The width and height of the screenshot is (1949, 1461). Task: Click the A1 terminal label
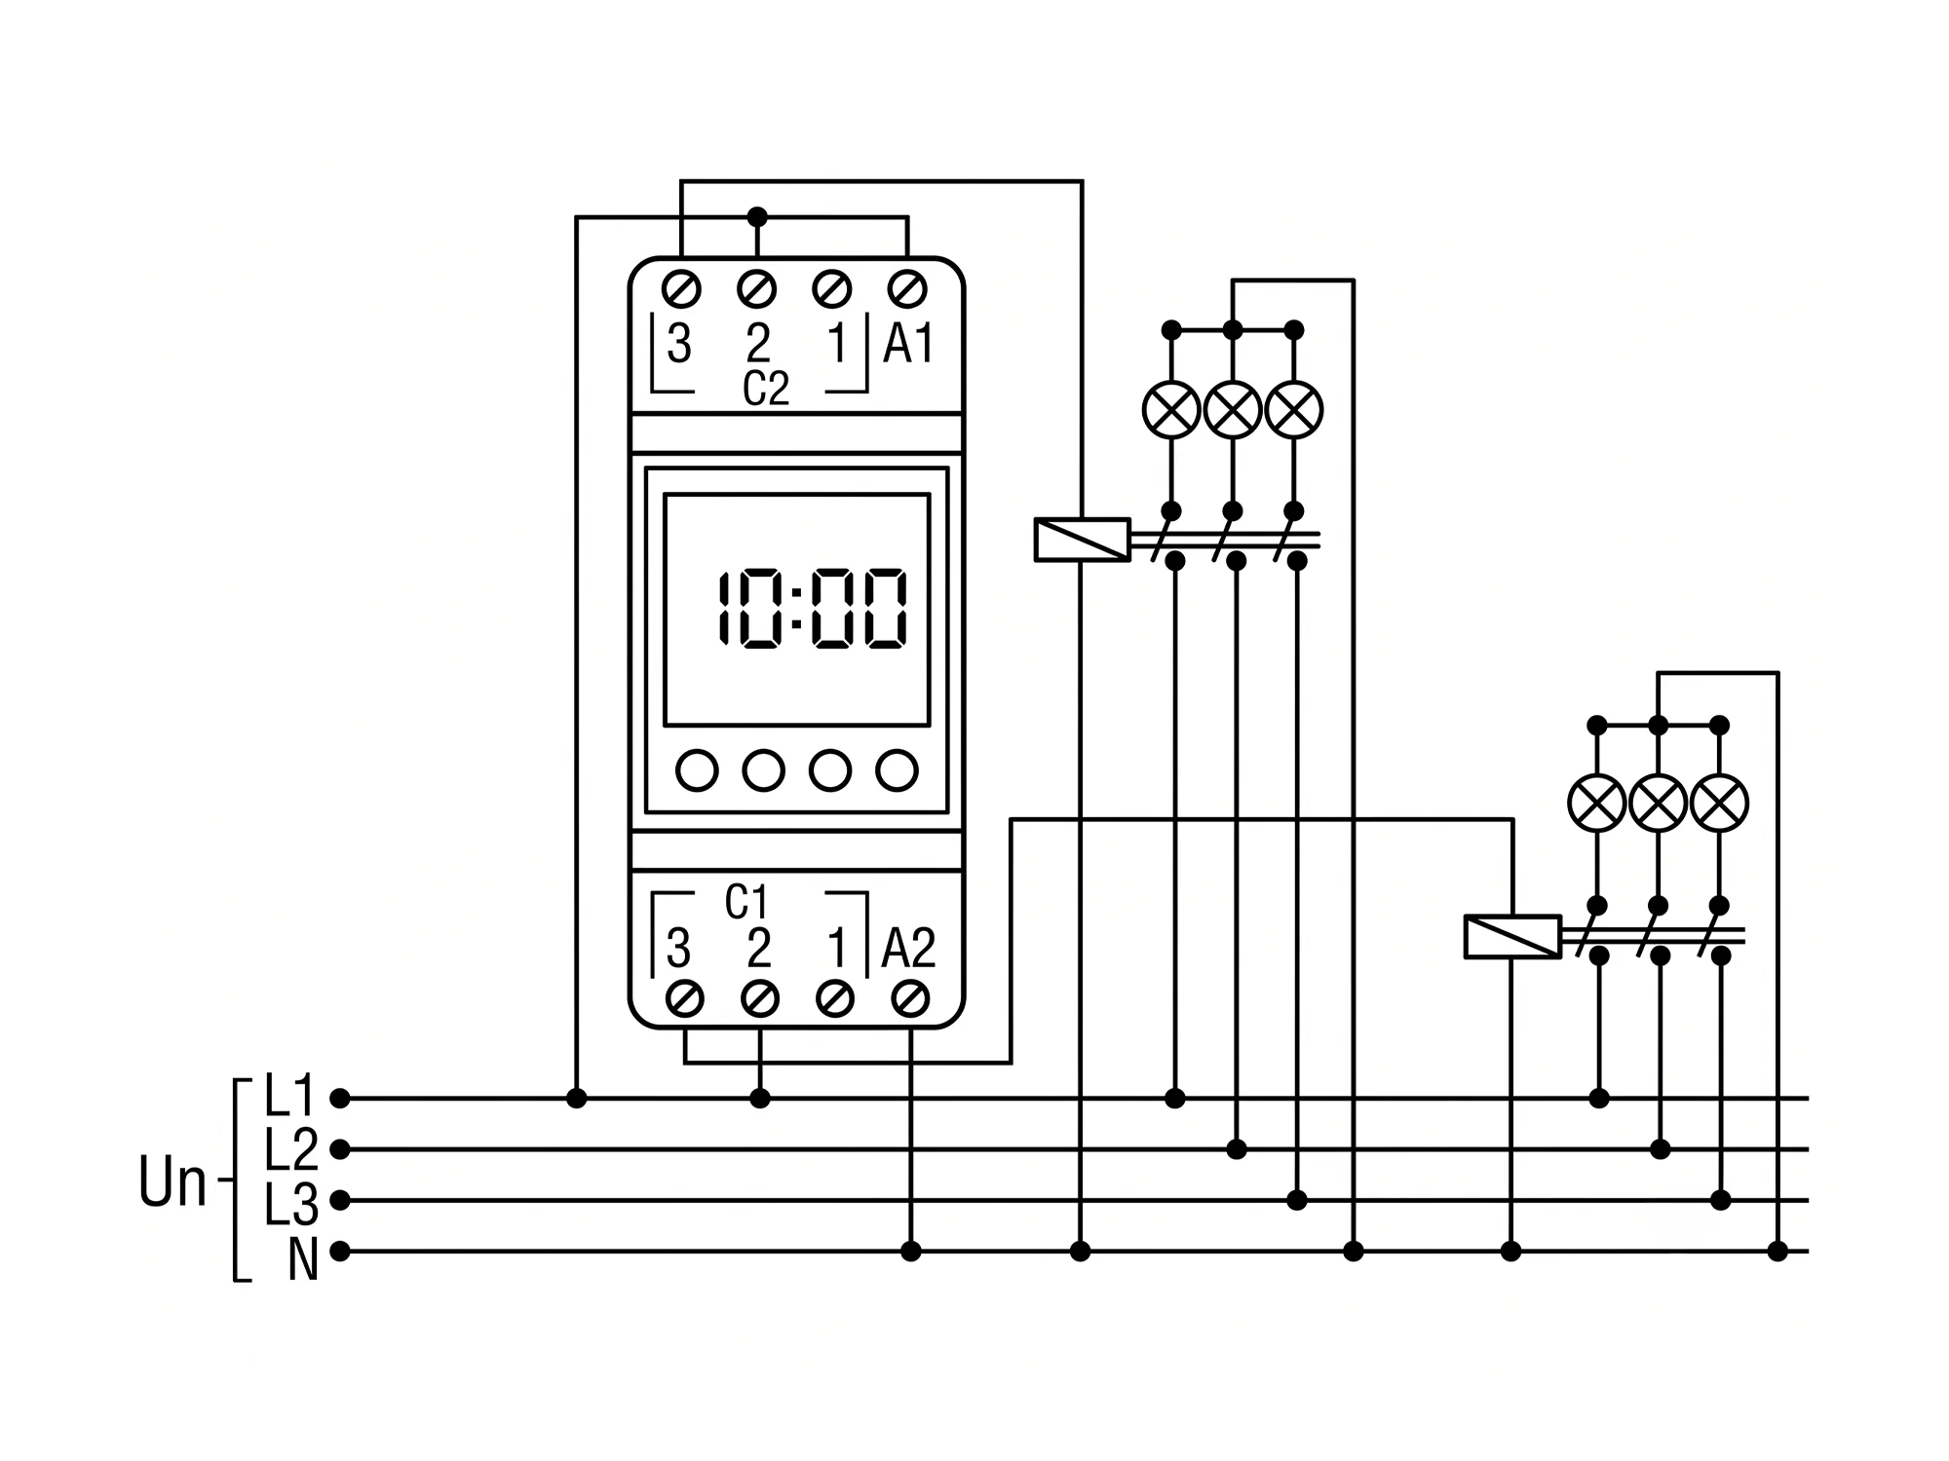click(908, 344)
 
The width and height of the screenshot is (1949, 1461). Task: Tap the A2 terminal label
click(908, 949)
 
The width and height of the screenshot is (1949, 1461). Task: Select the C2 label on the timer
click(765, 389)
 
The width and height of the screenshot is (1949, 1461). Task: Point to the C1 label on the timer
click(746, 903)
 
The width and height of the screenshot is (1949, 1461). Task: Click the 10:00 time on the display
click(813, 609)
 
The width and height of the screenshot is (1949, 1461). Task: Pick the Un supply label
click(172, 1182)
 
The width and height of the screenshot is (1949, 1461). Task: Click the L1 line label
click(290, 1096)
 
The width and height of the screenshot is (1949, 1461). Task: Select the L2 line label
click(290, 1149)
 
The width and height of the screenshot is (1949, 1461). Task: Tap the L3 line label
click(290, 1204)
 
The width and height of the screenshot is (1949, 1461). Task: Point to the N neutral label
click(303, 1259)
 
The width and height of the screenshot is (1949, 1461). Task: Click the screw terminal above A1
click(907, 289)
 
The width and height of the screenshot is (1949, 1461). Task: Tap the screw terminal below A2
click(910, 998)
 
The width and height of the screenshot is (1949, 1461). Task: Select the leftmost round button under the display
click(697, 770)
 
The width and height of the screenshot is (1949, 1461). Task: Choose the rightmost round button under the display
click(897, 770)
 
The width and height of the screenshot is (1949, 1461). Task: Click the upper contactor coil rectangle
click(1082, 540)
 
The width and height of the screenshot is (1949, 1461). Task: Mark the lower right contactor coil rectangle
click(1512, 937)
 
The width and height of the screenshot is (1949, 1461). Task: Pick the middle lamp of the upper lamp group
click(1233, 409)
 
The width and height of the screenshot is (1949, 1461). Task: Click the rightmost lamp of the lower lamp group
click(1720, 804)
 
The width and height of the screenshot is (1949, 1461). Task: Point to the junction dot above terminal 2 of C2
click(757, 216)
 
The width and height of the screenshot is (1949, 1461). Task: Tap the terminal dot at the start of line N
click(339, 1252)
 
